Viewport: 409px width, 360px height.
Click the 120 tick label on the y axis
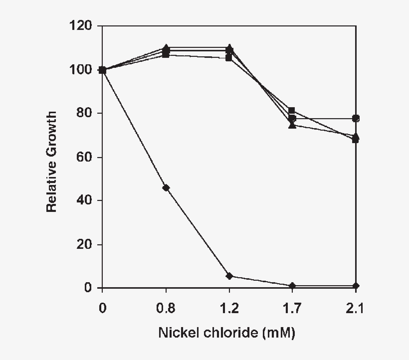point(81,25)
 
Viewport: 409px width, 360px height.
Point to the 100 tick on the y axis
point(81,70)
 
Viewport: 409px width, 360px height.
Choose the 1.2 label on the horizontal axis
point(229,309)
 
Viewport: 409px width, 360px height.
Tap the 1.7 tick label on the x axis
point(292,309)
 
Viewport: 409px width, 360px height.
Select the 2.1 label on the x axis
point(355,309)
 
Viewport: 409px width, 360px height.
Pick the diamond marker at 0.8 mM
point(166,188)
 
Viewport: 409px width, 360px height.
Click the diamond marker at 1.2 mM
point(229,276)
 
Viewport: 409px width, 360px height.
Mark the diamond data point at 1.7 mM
point(292,286)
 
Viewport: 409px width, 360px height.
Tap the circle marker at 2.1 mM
point(356,119)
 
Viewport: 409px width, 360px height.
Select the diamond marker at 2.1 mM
point(356,286)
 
